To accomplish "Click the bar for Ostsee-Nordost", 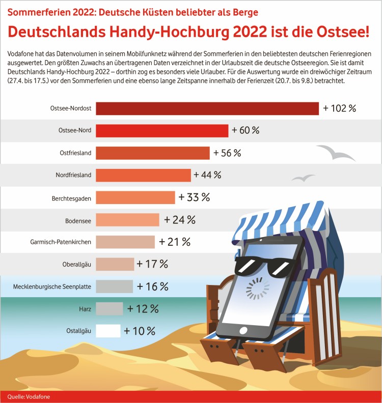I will click(x=207, y=108).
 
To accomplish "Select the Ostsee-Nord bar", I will click(x=162, y=131).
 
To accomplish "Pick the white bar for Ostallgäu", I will click(x=108, y=331).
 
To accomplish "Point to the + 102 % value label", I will click(x=339, y=108).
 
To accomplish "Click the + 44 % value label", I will click(x=207, y=175).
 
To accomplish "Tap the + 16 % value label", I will click(x=152, y=286).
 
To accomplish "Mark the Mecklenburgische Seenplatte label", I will click(x=52, y=287).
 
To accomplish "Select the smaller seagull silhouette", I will click(x=303, y=178).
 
